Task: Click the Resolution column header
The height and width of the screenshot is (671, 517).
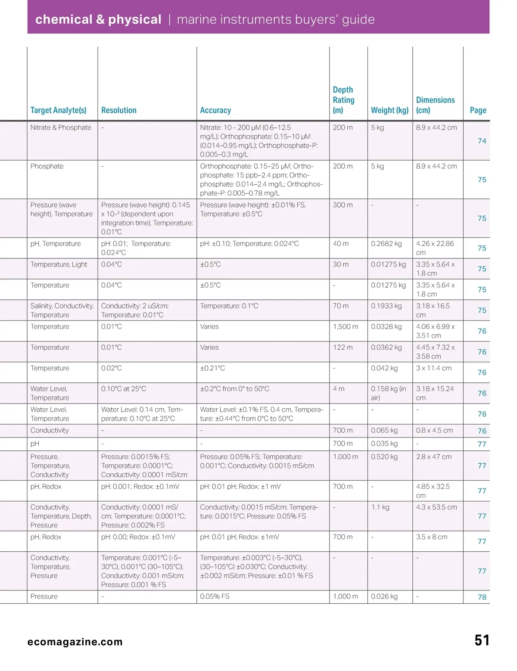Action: coord(118,110)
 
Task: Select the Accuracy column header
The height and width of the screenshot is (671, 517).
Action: coord(215,110)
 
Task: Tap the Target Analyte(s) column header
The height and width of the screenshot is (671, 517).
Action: coord(58,110)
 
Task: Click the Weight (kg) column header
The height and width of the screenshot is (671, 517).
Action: coord(389,110)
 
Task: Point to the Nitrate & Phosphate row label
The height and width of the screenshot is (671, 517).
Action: coord(61,127)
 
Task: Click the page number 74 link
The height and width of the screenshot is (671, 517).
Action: coord(482,141)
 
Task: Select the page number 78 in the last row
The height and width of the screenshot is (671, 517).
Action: coord(482,597)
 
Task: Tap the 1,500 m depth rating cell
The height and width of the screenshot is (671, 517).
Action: coord(345,326)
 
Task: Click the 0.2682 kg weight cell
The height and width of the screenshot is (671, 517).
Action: coord(386,244)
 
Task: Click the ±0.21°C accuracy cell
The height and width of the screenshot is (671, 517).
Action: coord(212,368)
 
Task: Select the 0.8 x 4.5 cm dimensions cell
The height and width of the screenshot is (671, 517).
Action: coord(434,430)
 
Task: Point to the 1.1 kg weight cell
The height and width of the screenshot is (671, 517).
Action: coord(380,507)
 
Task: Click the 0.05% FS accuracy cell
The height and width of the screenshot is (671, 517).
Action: coord(215,596)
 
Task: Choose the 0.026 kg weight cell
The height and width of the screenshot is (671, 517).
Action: coord(384,596)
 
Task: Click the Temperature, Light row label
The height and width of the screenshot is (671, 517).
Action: coord(59,264)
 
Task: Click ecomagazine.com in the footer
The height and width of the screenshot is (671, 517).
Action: coord(75,642)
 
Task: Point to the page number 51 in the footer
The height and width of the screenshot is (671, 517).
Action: coord(482,640)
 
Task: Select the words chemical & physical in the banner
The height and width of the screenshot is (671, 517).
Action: coord(98,19)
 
